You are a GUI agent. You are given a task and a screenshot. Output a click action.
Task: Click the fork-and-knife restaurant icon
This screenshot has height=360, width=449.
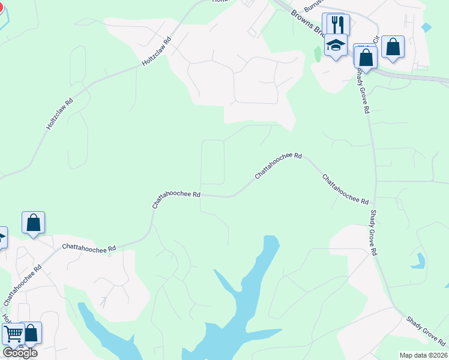click(336, 25)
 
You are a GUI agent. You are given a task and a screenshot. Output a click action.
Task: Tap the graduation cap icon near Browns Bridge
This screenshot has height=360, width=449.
click(336, 46)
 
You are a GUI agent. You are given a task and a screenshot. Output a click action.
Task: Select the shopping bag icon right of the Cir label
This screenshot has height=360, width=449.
click(393, 47)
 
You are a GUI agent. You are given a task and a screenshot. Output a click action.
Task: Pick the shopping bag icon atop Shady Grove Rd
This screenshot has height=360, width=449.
click(366, 58)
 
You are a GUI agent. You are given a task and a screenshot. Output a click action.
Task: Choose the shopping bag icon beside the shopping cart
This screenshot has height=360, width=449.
click(31, 334)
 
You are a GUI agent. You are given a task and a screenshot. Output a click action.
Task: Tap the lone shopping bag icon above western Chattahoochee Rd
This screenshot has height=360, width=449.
click(34, 223)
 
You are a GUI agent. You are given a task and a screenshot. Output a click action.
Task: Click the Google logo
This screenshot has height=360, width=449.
click(20, 352)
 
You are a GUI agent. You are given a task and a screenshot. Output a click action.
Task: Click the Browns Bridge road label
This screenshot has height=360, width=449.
click(309, 23)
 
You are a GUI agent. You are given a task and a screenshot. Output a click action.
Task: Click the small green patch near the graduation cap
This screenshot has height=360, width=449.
click(318, 53)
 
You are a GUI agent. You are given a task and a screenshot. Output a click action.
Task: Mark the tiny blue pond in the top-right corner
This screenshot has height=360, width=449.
click(426, 27)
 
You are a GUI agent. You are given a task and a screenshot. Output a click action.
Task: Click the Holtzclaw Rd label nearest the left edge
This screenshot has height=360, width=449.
click(60, 114)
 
